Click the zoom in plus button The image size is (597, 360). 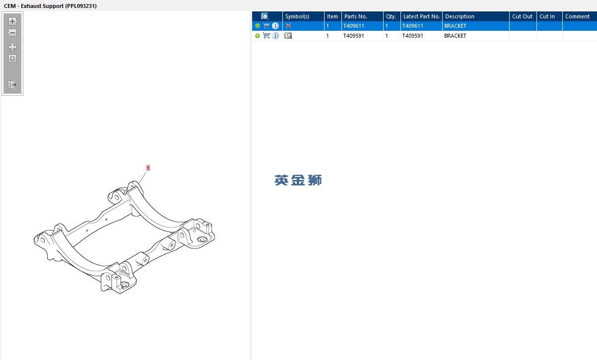pyautogui.click(x=12, y=21)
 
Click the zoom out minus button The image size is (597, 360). pyautogui.click(x=12, y=33)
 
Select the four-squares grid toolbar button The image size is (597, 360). pyautogui.click(x=12, y=47)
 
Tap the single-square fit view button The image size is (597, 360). pyautogui.click(x=12, y=59)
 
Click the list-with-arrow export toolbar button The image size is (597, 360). pyautogui.click(x=12, y=85)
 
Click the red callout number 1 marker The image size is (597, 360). pyautogui.click(x=148, y=168)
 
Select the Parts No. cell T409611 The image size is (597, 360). pyautogui.click(x=353, y=26)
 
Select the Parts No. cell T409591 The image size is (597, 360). pyautogui.click(x=353, y=36)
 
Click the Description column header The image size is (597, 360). pyautogui.click(x=460, y=16)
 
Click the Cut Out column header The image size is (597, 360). pyautogui.click(x=522, y=16)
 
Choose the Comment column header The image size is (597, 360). pyautogui.click(x=577, y=16)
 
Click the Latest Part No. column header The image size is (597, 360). pyautogui.click(x=421, y=16)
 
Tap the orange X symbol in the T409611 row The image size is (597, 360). pyautogui.click(x=288, y=26)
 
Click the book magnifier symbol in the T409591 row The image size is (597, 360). pyautogui.click(x=288, y=36)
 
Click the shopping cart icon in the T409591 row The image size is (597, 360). pyautogui.click(x=266, y=35)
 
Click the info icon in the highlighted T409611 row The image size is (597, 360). pyautogui.click(x=275, y=26)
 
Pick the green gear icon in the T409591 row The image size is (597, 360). pyautogui.click(x=258, y=36)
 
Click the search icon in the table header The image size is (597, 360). pyautogui.click(x=265, y=16)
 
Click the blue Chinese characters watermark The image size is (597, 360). pyautogui.click(x=298, y=180)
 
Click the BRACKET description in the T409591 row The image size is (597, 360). pyautogui.click(x=455, y=36)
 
